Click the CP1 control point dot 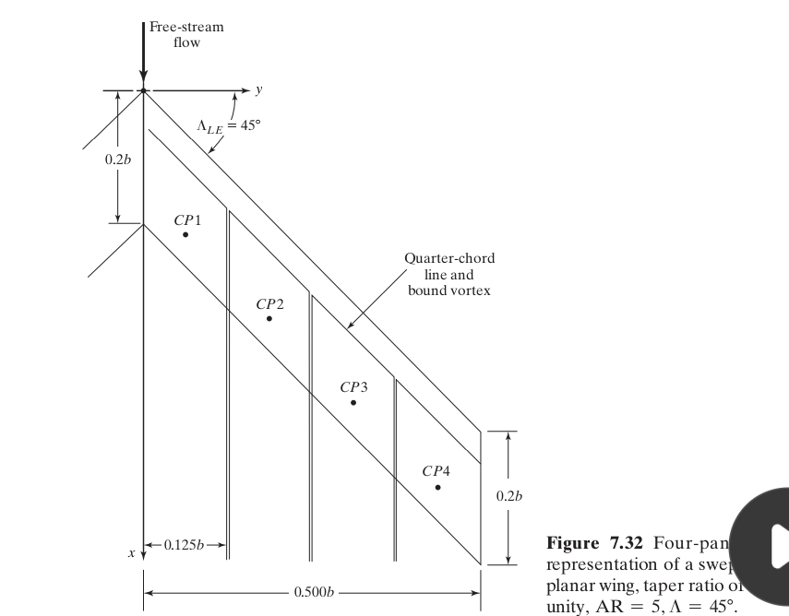click(185, 235)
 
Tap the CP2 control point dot click(269, 319)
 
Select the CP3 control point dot click(353, 403)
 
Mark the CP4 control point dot click(438, 487)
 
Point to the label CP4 click(436, 471)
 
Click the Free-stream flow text click(186, 35)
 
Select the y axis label click(259, 90)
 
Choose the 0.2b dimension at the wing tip click(508, 496)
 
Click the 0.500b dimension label click(313, 591)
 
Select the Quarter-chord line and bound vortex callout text click(449, 274)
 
